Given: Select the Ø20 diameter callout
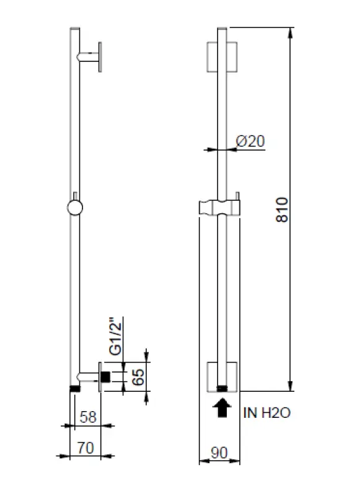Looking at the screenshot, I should point(251,141).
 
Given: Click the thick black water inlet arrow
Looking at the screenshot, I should point(221,407).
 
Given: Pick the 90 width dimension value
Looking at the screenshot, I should point(219,453).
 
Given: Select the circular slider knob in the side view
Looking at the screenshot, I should point(74,208).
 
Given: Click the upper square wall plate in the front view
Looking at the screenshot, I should point(221,56).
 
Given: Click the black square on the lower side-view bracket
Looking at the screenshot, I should point(106,376).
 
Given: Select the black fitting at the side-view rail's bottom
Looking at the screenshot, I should point(74,388).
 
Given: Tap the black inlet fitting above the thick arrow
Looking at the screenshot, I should point(221,388).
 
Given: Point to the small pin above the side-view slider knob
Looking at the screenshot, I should point(74,195).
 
